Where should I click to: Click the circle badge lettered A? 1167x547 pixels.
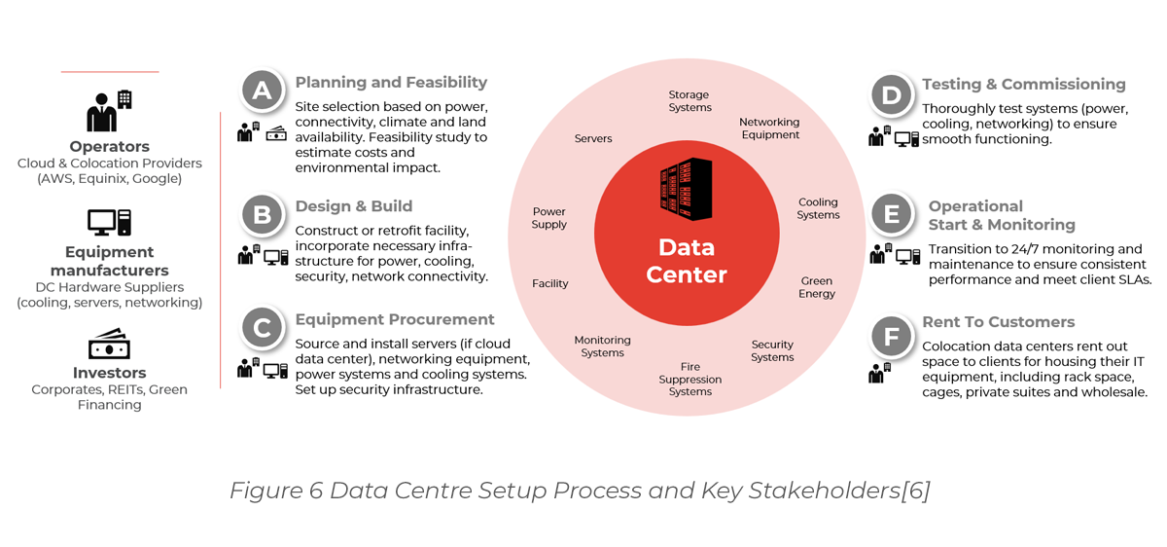[x=262, y=91]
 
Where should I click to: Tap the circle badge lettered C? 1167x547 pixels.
[x=262, y=328]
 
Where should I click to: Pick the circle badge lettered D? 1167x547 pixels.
[x=890, y=94]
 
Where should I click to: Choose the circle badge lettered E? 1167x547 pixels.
[x=892, y=214]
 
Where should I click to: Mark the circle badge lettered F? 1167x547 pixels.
[x=890, y=337]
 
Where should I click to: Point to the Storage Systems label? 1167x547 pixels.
[x=689, y=101]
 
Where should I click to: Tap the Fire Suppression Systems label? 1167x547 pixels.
[x=690, y=380]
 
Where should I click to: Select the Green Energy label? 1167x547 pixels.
[x=817, y=287]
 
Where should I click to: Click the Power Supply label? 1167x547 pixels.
[x=549, y=218]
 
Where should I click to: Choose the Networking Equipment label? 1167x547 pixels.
[x=769, y=128]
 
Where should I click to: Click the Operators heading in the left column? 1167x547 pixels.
[x=108, y=147]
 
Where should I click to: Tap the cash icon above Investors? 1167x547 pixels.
[x=109, y=344]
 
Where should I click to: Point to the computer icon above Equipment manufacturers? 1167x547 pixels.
[x=109, y=223]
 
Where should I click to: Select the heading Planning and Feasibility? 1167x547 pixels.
[x=391, y=83]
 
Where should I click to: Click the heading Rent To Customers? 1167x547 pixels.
[x=998, y=322]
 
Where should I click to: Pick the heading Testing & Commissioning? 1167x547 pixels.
[x=1023, y=85]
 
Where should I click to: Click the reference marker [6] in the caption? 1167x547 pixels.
[x=915, y=491]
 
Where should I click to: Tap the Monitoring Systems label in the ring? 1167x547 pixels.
[x=602, y=346]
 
